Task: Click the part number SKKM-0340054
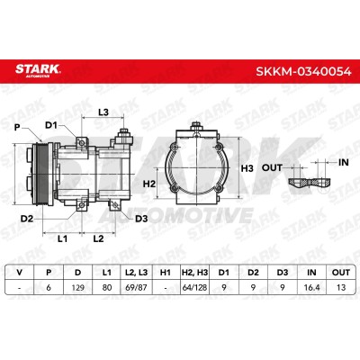click(303, 72)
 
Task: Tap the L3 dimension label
click(103, 112)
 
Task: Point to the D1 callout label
click(51, 125)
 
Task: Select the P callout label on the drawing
click(17, 128)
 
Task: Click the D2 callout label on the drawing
click(27, 219)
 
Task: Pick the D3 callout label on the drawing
click(141, 219)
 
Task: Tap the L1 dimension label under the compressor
click(62, 238)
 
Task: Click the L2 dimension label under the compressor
click(98, 238)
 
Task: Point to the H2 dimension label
click(149, 184)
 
